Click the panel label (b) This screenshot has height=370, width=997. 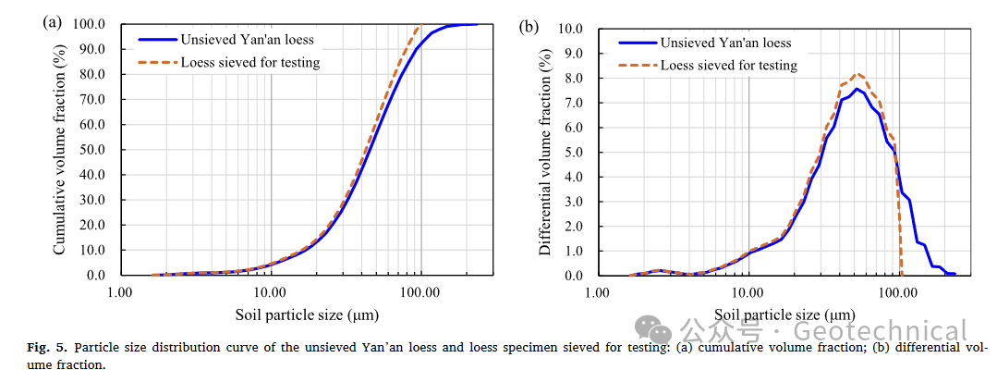(529, 26)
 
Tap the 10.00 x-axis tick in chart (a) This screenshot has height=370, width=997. (270, 292)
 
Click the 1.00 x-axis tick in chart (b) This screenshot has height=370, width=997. (598, 293)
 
